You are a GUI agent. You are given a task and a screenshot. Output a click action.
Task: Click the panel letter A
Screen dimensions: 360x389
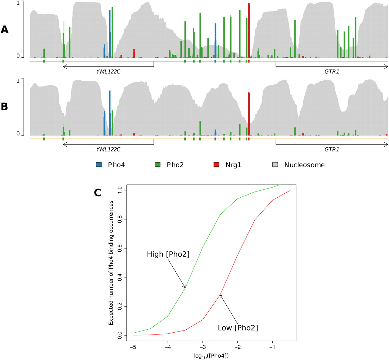click(x=5, y=29)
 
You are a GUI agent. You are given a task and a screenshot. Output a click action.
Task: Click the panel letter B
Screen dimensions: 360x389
click(x=5, y=107)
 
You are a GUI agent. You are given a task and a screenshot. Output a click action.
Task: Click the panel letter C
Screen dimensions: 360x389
click(x=97, y=192)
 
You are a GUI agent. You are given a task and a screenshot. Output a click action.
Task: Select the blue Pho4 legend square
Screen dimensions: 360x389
click(x=99, y=165)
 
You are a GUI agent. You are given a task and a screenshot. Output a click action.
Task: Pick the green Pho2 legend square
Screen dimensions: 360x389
click(x=157, y=165)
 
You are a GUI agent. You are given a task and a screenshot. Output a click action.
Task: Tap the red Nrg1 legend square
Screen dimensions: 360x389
click(x=216, y=165)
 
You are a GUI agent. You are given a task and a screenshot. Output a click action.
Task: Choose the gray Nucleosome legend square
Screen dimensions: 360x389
click(x=275, y=165)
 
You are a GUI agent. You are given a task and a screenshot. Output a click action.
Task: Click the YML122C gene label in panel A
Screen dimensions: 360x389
click(x=108, y=72)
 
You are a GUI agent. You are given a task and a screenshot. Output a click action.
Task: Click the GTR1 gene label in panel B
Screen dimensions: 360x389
click(x=332, y=150)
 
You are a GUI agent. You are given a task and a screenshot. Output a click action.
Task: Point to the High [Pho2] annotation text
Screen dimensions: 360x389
click(x=168, y=254)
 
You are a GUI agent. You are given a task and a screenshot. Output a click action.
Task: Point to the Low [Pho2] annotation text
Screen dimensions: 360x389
click(x=238, y=328)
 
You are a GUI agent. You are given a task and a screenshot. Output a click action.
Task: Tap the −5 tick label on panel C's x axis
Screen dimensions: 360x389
click(x=133, y=347)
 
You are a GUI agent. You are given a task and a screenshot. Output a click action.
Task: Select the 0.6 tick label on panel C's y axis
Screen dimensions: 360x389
click(x=120, y=248)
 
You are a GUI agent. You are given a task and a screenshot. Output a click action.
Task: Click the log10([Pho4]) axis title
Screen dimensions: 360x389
click(x=211, y=356)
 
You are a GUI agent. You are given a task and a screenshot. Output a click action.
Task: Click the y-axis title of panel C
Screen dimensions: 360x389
click(x=111, y=263)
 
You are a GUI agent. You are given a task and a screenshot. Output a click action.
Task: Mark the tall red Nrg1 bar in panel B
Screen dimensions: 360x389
click(x=249, y=114)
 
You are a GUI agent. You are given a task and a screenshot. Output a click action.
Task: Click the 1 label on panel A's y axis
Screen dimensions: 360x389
click(x=18, y=3)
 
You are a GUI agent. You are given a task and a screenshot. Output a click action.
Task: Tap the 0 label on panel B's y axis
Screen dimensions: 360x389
click(x=18, y=134)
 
